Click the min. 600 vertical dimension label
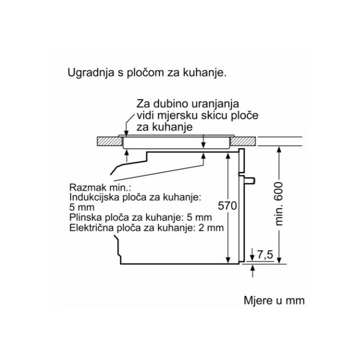pyautogui.click(x=279, y=204)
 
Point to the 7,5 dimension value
pyautogui.click(x=265, y=254)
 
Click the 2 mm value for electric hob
pyautogui.click(x=211, y=227)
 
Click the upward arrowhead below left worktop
pyautogui.click(x=126, y=150)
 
